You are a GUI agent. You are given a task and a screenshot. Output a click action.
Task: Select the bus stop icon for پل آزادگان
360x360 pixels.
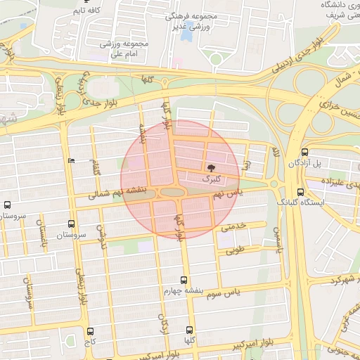(x=304, y=153)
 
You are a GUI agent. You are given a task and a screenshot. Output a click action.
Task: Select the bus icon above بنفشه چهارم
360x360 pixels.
(x=184, y=279)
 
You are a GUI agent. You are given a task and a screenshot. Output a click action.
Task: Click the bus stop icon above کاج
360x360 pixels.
(x=90, y=331)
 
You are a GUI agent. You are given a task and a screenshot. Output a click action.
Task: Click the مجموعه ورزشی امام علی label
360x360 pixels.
(x=127, y=49)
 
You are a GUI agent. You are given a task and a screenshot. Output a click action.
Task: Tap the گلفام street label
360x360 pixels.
(x=96, y=169)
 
